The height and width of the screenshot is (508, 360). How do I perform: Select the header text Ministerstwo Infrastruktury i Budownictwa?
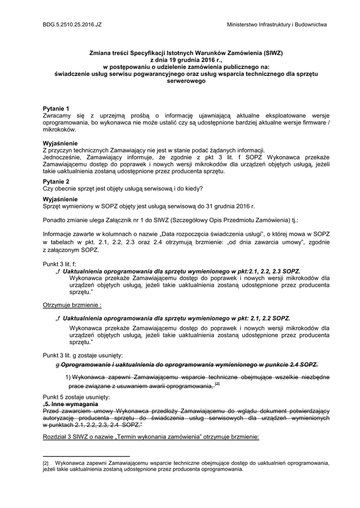pos(276,24)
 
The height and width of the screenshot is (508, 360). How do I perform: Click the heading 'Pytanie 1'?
pos(56,108)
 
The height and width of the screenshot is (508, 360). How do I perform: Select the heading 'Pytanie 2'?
pos(56,182)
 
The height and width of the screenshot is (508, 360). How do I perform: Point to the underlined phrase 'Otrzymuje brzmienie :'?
pos(72,305)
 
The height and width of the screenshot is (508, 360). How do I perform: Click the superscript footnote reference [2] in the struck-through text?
pos(217,384)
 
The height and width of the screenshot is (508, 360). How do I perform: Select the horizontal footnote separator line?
pos(86,456)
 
